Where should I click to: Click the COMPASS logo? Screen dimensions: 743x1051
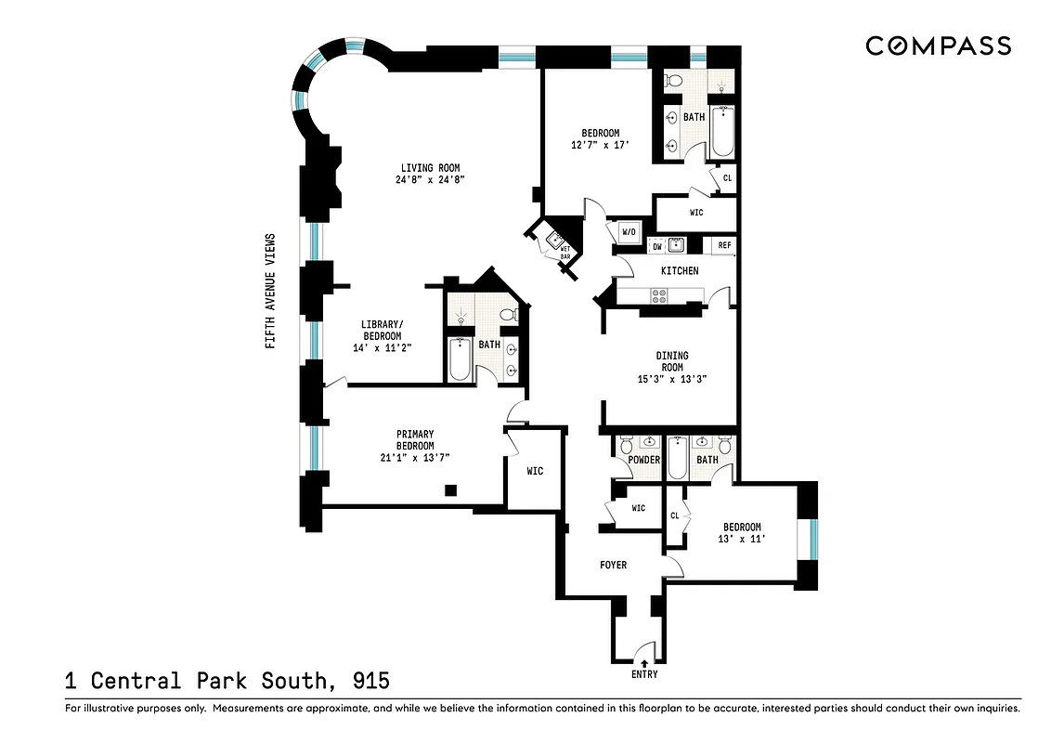click(938, 46)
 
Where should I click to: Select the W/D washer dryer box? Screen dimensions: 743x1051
click(627, 231)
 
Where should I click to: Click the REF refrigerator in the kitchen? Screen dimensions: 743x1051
click(724, 246)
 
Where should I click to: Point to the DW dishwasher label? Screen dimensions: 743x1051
click(656, 246)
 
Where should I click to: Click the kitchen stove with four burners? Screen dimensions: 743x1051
click(660, 296)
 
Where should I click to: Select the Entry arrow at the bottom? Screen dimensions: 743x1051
click(643, 660)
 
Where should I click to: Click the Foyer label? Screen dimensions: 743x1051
click(613, 565)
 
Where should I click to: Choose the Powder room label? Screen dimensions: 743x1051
click(643, 460)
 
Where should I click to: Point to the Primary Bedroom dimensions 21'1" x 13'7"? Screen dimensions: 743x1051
click(415, 457)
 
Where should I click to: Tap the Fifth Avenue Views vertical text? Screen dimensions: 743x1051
click(271, 290)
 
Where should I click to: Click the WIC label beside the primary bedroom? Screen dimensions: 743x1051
click(535, 471)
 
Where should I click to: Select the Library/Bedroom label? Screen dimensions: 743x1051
click(382, 330)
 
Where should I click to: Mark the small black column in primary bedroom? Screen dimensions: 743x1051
click(451, 489)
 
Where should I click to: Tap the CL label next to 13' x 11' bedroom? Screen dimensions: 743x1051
click(675, 515)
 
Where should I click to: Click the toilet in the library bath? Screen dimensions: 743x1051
click(507, 316)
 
